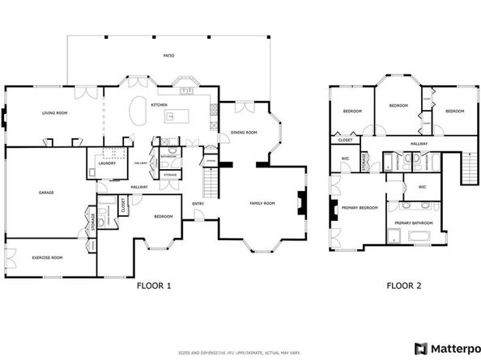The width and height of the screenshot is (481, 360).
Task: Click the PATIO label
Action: click(x=169, y=56)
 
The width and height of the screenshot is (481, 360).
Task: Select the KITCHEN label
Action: click(x=159, y=105)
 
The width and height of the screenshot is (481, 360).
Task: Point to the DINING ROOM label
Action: click(x=243, y=132)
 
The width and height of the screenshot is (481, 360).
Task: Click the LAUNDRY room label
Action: click(x=108, y=163)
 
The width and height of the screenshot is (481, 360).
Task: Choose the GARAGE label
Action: click(x=45, y=193)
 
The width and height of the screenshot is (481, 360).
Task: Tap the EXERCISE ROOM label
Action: click(x=48, y=256)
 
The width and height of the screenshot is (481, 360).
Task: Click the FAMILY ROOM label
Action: click(x=262, y=203)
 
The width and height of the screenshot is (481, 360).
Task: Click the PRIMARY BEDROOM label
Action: click(x=360, y=208)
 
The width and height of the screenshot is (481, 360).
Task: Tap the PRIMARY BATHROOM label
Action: click(x=413, y=222)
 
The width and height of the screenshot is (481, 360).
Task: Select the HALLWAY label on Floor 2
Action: click(x=419, y=143)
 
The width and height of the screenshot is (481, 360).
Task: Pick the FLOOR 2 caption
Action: click(x=404, y=285)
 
